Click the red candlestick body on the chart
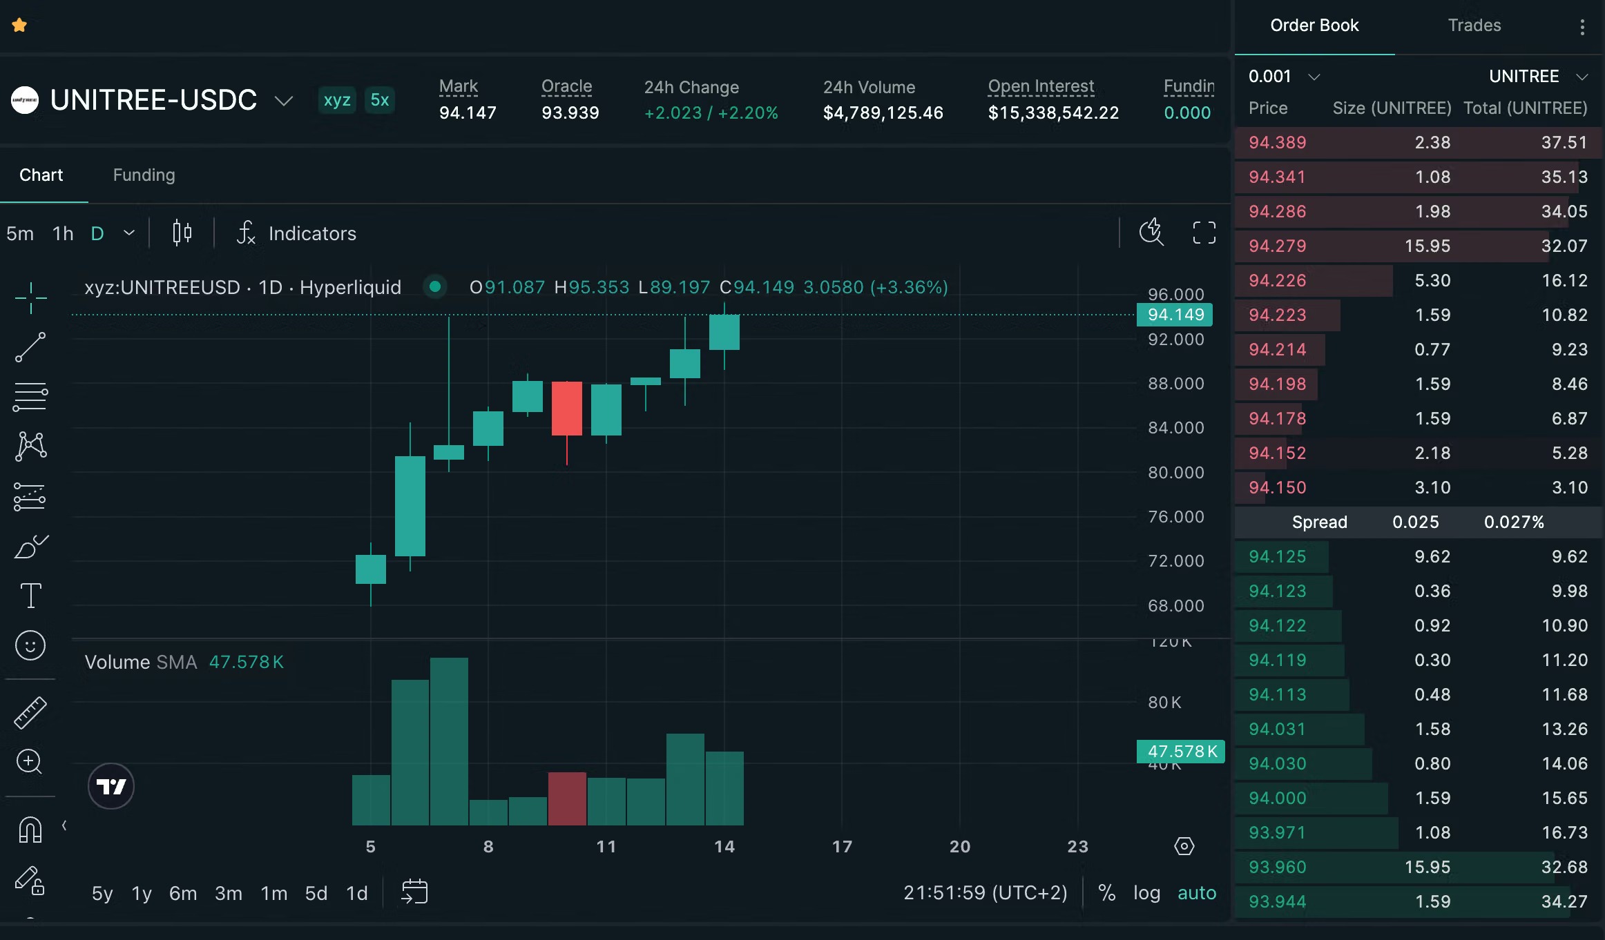pos(567,409)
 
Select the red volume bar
pos(567,799)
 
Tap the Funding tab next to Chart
pos(144,175)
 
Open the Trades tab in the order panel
pos(1474,26)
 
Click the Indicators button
pos(297,233)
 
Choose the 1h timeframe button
pos(63,234)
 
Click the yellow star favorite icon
pos(19,26)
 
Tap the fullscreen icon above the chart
pos(1204,233)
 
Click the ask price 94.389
pos(1277,143)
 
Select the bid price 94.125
pos(1277,557)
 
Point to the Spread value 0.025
pos(1415,522)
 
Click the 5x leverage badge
pos(380,100)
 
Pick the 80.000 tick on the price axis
pos(1175,473)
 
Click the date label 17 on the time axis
pos(842,847)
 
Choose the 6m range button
pos(183,894)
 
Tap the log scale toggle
pos(1146,893)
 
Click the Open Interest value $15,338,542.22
pos(1053,113)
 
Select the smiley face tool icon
pos(30,646)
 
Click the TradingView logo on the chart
pos(111,786)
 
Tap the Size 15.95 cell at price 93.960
pos(1427,868)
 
